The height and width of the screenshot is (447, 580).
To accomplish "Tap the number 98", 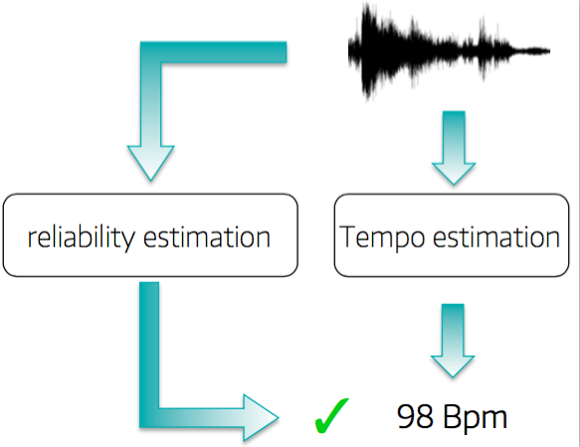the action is [415, 416].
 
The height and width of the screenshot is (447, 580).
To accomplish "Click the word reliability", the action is [81, 236].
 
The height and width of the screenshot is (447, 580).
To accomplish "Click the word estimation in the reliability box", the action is [207, 236].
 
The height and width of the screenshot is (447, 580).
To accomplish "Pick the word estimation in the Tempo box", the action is [496, 236].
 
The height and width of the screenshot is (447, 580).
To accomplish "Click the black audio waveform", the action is [449, 52].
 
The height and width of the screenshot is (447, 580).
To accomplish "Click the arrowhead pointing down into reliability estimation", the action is [150, 163].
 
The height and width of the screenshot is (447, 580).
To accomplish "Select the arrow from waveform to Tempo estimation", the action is [454, 147].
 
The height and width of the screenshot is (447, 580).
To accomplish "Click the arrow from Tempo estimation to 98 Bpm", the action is [453, 341].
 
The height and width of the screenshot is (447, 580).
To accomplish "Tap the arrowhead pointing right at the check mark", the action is [261, 418].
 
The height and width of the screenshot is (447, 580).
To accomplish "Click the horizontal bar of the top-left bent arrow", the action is [214, 52].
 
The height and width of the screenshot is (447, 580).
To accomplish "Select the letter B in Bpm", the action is [451, 416].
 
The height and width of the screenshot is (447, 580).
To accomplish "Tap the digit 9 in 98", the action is [406, 416].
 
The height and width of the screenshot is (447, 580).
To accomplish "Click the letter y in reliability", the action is [126, 240].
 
